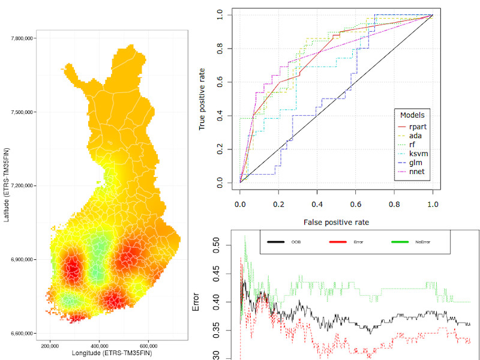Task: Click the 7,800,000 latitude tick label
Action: [21, 38]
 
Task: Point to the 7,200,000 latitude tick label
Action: [21, 186]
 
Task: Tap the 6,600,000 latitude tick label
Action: [21, 334]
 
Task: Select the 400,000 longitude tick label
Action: [99, 346]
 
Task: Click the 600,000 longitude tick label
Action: [148, 346]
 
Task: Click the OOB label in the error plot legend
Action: [296, 242]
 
